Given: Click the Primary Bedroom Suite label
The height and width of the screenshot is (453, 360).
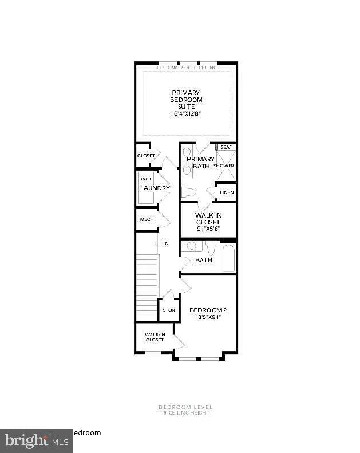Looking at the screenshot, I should click(x=186, y=99).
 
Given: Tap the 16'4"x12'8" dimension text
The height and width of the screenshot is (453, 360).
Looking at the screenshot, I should click(x=186, y=113).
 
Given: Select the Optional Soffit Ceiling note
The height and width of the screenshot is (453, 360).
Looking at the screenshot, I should click(x=187, y=68).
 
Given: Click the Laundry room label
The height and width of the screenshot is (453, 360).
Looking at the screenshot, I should click(x=155, y=188).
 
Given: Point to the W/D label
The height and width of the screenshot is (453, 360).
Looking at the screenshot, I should click(x=146, y=179).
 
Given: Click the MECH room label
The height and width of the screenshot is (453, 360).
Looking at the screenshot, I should click(x=146, y=219).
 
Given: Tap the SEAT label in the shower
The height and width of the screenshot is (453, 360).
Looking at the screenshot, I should click(x=226, y=147).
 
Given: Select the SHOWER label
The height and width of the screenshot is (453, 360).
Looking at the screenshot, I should click(x=224, y=166).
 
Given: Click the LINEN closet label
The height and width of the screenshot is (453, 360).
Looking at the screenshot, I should click(x=227, y=192).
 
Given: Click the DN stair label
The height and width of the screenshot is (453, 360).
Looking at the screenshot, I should click(x=165, y=244).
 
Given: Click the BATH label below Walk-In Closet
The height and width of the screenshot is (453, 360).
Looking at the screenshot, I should click(x=204, y=260).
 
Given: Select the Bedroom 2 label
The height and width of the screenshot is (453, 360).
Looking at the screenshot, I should click(x=205, y=310).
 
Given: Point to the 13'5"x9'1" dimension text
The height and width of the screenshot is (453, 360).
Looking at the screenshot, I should click(x=205, y=317).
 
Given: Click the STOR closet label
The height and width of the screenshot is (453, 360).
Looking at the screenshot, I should click(x=168, y=310).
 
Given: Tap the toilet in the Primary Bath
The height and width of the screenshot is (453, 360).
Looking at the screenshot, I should click(x=189, y=191).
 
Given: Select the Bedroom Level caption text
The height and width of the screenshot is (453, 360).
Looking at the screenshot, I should click(x=185, y=407).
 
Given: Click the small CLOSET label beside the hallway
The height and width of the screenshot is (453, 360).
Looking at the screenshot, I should click(x=146, y=156).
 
